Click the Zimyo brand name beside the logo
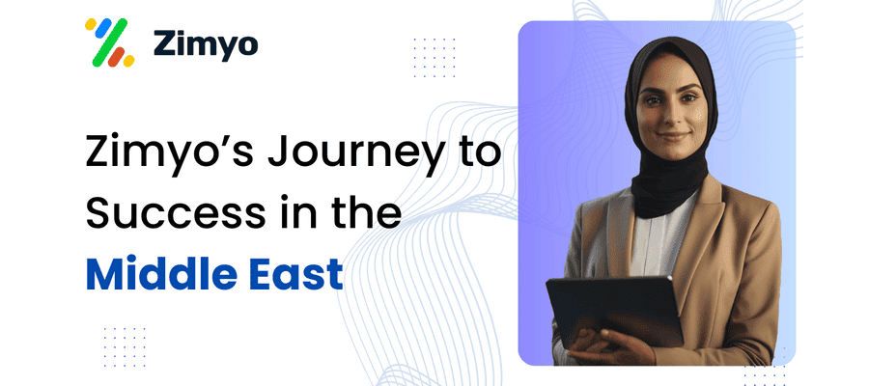206,43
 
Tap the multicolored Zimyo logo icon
109,42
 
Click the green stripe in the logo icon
109,42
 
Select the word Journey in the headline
354,153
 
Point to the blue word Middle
162,274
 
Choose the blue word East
295,274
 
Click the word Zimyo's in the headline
171,152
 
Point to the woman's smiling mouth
672,136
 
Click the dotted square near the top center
434,58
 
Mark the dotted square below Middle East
125,346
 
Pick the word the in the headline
368,213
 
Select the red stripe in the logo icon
117,57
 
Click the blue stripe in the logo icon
103,28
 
